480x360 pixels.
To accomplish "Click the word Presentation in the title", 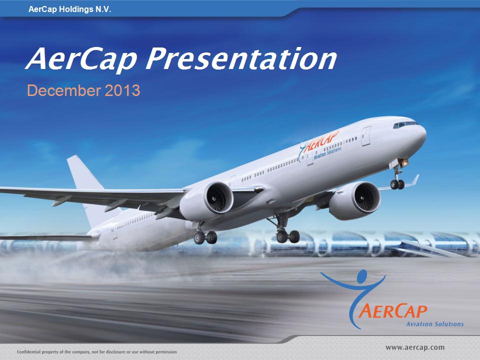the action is tap(241, 59).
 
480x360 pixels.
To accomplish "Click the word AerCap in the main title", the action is tap(81, 59).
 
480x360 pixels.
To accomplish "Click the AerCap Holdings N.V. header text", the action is tap(70, 9).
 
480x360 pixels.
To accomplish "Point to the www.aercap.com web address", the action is tap(415, 347).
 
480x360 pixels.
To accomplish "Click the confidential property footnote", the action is tap(96, 351).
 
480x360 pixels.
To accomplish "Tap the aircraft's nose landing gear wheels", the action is tap(397, 184).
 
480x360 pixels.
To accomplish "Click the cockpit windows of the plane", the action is tap(405, 124).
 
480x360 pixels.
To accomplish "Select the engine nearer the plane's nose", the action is tap(355, 200).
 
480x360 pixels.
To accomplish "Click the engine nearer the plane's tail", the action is tap(206, 201).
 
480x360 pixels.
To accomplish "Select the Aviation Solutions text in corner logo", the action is tap(434, 324).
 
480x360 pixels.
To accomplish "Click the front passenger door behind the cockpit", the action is tap(366, 136).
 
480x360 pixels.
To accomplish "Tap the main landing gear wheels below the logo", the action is tap(288, 236).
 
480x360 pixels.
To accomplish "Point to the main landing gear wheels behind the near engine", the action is tap(205, 237).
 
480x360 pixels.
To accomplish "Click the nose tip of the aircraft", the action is tap(425, 134).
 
